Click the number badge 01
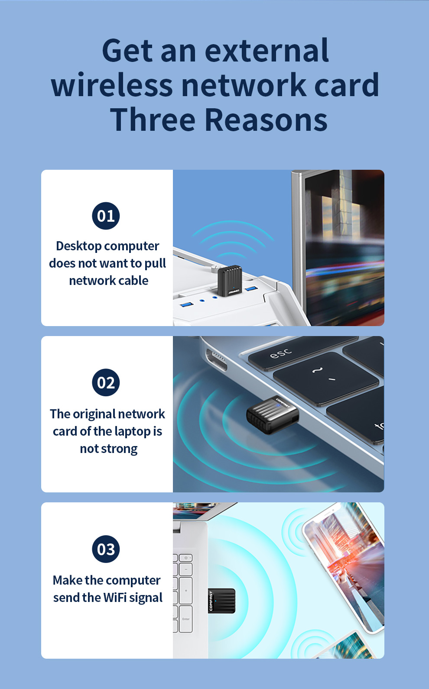click(x=106, y=216)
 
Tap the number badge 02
click(x=106, y=382)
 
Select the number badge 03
click(x=106, y=549)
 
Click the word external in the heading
click(x=267, y=50)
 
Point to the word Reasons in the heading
click(x=266, y=120)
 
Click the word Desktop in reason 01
click(x=79, y=246)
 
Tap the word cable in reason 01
click(x=134, y=281)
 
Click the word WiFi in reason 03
click(x=115, y=597)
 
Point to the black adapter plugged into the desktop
click(x=230, y=281)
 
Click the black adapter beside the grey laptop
click(x=273, y=415)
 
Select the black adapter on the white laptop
click(x=221, y=601)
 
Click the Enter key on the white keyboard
click(x=186, y=619)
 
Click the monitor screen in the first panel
click(x=344, y=248)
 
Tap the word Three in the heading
click(x=153, y=120)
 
